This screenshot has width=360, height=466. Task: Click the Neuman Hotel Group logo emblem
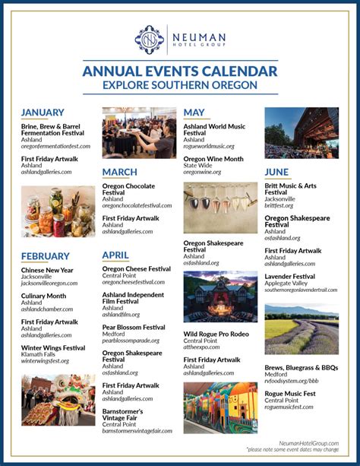(x=149, y=39)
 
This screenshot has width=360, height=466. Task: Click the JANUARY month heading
(x=43, y=113)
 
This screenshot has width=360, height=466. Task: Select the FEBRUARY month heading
(x=46, y=256)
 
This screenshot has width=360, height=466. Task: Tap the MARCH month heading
(x=120, y=173)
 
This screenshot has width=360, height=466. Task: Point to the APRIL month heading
(x=115, y=255)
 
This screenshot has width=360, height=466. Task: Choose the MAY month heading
(x=194, y=113)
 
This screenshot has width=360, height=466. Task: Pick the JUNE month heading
(x=276, y=173)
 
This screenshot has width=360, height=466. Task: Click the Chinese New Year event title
(x=47, y=270)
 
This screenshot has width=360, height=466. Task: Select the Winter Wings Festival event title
(x=53, y=347)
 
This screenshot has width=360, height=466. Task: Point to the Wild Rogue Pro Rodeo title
(x=216, y=334)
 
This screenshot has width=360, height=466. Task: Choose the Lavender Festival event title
(x=289, y=277)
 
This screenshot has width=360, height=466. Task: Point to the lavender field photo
(x=302, y=329)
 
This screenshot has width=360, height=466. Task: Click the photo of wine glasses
(x=220, y=208)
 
